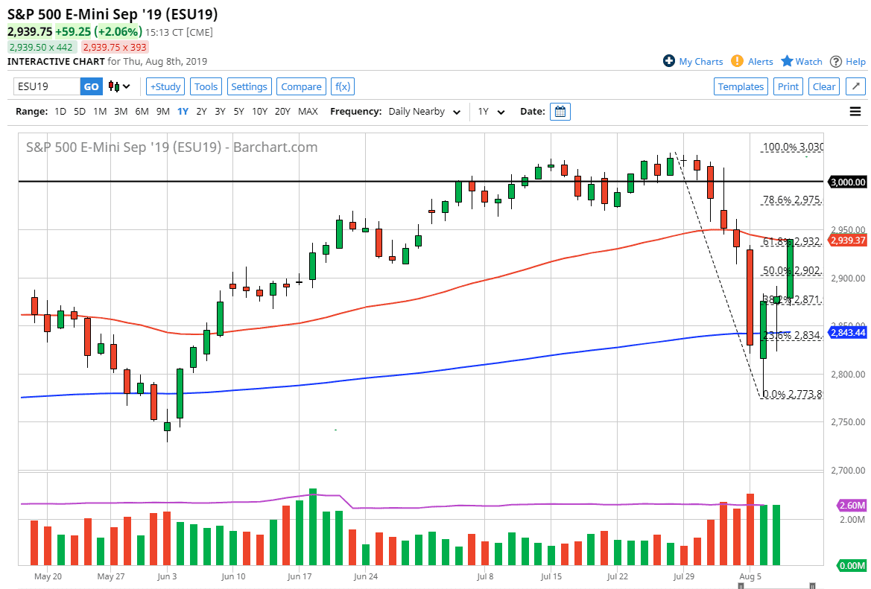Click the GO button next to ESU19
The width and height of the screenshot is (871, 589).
[x=91, y=86]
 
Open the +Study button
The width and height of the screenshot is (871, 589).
[x=165, y=86]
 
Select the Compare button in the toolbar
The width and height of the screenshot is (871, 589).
[x=301, y=86]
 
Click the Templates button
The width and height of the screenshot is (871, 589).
[x=741, y=86]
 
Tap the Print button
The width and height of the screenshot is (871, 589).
[x=788, y=86]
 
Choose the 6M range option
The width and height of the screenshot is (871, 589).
[x=142, y=112]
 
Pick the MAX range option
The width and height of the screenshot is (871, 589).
[x=308, y=112]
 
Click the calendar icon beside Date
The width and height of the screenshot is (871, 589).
[x=560, y=112]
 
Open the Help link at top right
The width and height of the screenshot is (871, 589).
[x=855, y=62]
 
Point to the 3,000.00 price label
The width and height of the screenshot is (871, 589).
[x=849, y=182]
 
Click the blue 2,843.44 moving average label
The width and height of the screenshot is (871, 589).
[x=849, y=332]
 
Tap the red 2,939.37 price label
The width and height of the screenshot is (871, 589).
[x=849, y=241]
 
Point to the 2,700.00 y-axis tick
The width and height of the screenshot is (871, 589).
[x=849, y=471]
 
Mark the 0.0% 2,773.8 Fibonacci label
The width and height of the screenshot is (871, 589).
[x=793, y=394]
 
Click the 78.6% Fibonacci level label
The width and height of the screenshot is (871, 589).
[x=791, y=200]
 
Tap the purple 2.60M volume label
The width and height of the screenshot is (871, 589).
[x=851, y=505]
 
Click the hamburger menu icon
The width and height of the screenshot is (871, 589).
[x=855, y=112]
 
